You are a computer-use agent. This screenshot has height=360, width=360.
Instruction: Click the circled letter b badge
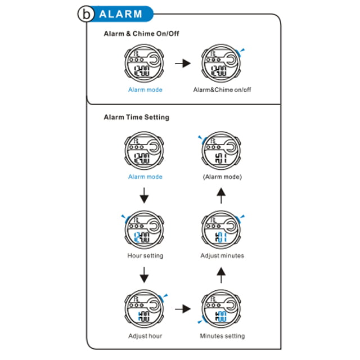(86, 13)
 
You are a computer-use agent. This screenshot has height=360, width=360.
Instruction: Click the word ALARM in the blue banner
(121, 14)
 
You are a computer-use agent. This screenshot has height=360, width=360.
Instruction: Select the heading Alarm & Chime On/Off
(141, 34)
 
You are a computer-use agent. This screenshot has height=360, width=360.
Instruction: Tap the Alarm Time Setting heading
(137, 118)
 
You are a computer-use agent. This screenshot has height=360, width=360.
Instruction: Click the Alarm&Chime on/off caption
(222, 89)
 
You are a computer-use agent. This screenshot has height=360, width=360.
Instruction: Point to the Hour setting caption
(145, 255)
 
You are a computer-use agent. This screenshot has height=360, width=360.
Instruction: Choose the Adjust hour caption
(145, 336)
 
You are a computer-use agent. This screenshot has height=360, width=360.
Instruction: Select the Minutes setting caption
(222, 336)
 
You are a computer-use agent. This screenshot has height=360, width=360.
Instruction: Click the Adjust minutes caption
(222, 255)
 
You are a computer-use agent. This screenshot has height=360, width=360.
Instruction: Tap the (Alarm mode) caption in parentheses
(222, 177)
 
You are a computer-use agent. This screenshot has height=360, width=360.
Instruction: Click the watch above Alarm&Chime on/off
(221, 64)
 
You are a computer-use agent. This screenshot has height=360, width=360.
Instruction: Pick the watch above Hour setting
(144, 229)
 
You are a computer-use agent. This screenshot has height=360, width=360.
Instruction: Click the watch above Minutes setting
(221, 309)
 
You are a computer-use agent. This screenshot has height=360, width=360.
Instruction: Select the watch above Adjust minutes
(221, 229)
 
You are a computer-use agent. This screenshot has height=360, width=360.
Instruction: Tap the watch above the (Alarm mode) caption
(221, 151)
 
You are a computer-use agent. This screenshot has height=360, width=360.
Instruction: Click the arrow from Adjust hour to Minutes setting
(183, 309)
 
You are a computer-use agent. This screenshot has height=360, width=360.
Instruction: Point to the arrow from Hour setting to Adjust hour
(144, 275)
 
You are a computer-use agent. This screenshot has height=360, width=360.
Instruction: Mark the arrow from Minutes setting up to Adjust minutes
(221, 275)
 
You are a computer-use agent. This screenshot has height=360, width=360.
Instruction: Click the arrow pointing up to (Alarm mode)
(221, 196)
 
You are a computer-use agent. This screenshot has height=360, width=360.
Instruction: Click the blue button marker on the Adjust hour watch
(163, 298)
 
